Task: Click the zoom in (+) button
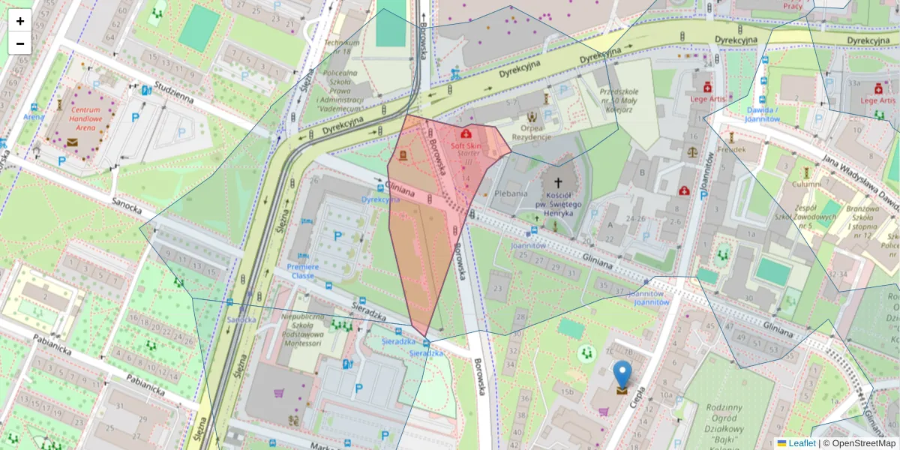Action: [20, 21]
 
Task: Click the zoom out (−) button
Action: [20, 43]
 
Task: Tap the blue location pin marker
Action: [622, 374]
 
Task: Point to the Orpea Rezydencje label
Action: [532, 132]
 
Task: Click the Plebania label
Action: [511, 193]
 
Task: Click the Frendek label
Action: [731, 148]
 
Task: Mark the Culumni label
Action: [806, 183]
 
